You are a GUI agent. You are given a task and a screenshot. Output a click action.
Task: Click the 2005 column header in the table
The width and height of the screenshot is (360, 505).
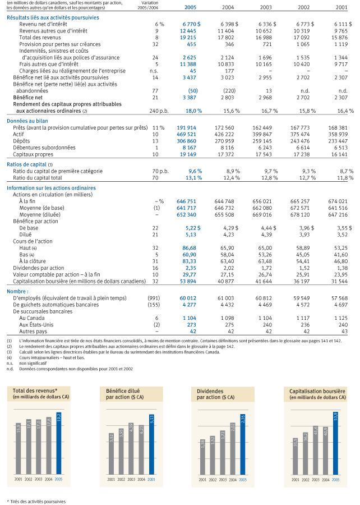pyautogui.click(x=190, y=7)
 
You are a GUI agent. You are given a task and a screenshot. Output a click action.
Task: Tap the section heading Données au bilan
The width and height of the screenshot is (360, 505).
pyautogui.click(x=27, y=121)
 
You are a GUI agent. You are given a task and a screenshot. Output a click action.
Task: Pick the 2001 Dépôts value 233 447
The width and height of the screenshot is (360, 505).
pyautogui.click(x=338, y=141)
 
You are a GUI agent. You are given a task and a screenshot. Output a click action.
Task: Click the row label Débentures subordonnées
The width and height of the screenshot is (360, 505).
pyautogui.click(x=44, y=148)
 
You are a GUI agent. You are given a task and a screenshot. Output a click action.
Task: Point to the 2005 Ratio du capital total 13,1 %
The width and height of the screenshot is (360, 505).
pyautogui.click(x=193, y=178)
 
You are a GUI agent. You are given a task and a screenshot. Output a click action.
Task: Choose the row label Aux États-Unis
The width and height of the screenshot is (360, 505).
pyautogui.click(x=36, y=325)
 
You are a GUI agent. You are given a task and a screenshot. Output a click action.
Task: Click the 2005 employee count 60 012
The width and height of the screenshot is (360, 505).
pyautogui.click(x=188, y=299)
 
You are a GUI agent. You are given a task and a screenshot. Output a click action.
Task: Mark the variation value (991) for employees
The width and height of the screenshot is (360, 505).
pyautogui.click(x=154, y=299)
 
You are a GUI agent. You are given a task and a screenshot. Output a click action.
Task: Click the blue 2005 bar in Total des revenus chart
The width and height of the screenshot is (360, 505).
pyautogui.click(x=58, y=443)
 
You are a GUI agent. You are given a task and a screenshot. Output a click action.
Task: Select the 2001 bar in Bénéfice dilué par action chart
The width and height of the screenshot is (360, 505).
pyautogui.click(x=112, y=454)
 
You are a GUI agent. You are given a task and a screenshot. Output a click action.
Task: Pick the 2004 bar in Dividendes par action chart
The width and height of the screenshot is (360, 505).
pyautogui.click(x=233, y=448)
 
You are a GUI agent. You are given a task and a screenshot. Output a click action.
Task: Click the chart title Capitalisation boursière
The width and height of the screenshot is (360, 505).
pyautogui.click(x=317, y=391)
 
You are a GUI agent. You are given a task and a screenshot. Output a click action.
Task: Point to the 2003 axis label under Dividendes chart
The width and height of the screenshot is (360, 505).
pyautogui.click(x=223, y=480)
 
